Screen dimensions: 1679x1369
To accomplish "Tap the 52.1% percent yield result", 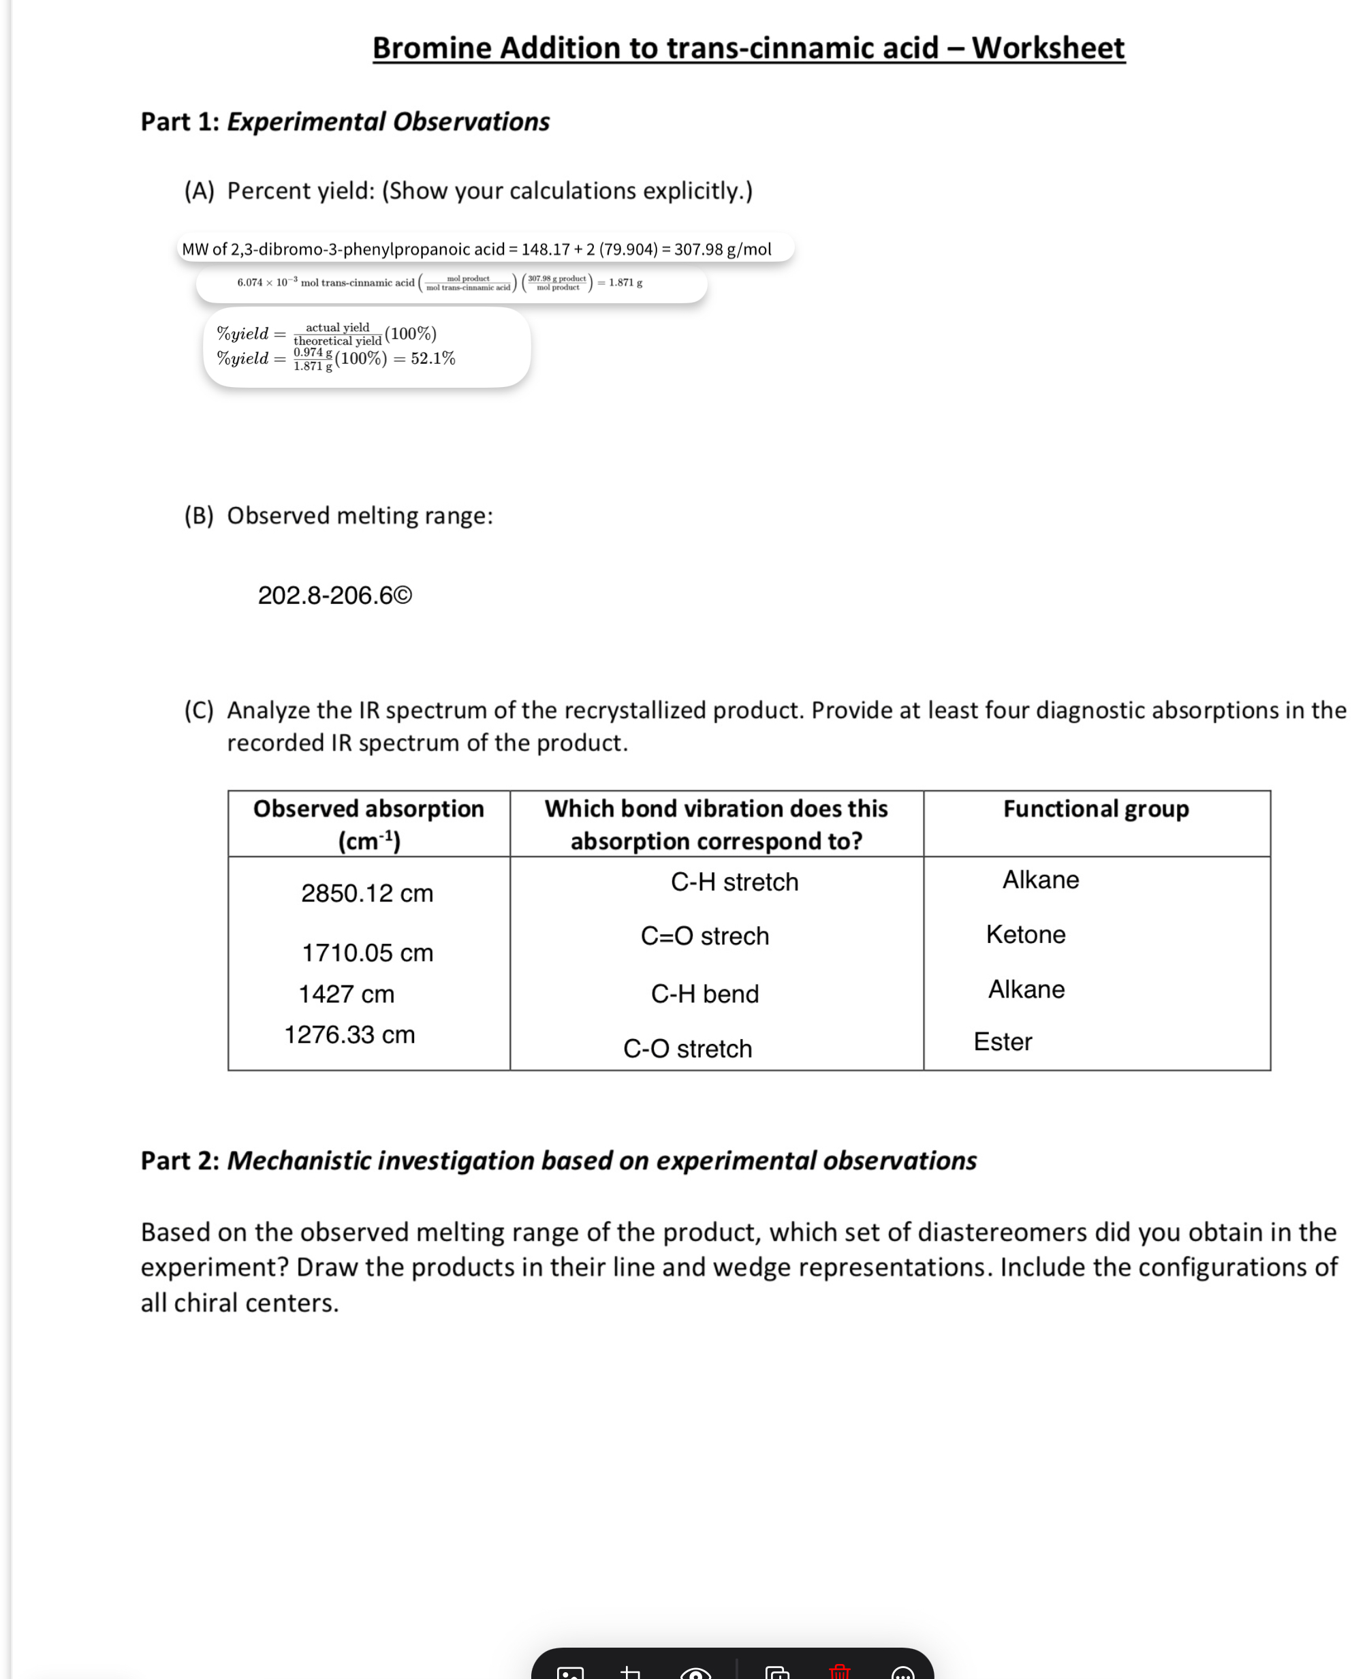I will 433,358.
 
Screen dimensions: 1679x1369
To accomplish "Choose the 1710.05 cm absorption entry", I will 368,953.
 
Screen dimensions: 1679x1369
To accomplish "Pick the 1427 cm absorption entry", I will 346,993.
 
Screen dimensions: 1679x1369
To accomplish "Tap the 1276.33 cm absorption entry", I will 349,1034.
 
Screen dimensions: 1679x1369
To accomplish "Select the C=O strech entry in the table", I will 704,936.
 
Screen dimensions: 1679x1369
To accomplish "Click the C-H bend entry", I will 704,993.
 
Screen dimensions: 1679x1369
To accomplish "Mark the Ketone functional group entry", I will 1025,934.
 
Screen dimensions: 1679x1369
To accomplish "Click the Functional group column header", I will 1095,809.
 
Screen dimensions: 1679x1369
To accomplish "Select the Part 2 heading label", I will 180,1160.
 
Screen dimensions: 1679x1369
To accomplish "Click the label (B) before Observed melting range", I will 199,515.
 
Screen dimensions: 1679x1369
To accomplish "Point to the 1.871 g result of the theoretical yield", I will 625,283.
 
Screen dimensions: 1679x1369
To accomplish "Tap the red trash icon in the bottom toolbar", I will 840,1669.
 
